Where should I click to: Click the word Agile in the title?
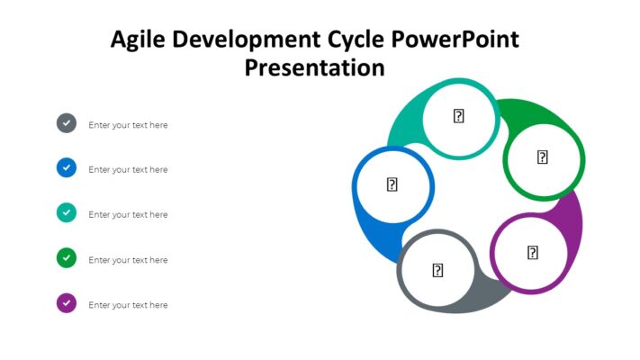(x=137, y=40)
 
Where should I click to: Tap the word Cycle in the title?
(x=356, y=40)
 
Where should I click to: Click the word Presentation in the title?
(x=314, y=67)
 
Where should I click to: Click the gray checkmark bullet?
(x=67, y=123)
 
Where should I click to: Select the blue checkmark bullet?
(x=67, y=168)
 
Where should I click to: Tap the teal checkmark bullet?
(x=67, y=213)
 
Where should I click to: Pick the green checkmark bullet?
(x=67, y=258)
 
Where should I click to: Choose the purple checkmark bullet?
(x=67, y=303)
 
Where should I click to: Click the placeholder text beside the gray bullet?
(x=128, y=125)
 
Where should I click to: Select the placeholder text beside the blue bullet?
(x=128, y=170)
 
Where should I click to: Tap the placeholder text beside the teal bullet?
(x=128, y=215)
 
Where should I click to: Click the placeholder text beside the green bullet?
(x=128, y=260)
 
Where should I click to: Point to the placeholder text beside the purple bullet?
(x=128, y=305)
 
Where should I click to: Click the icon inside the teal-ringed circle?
(x=458, y=116)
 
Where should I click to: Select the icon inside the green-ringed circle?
(x=543, y=157)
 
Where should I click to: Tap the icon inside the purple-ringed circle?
(x=532, y=253)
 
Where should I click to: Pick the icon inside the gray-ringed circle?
(x=437, y=270)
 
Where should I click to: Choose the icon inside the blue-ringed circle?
(x=392, y=184)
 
